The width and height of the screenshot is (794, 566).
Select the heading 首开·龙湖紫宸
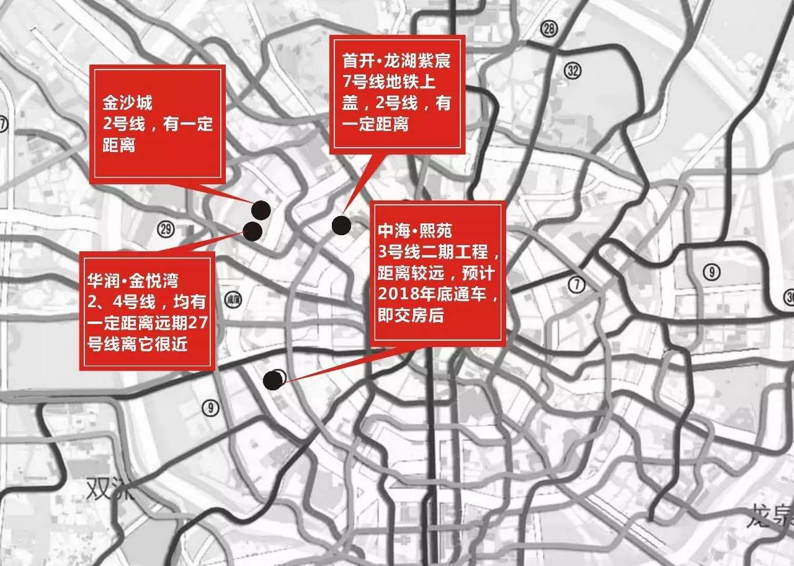pos(399,63)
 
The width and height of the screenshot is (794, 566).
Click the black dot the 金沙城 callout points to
pos(261,211)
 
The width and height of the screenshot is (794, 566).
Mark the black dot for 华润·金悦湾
pos(252,231)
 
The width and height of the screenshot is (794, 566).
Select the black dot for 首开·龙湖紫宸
pos(341,225)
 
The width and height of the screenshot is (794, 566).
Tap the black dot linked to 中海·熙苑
pos(272,380)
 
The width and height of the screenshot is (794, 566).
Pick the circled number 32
pos(573,70)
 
